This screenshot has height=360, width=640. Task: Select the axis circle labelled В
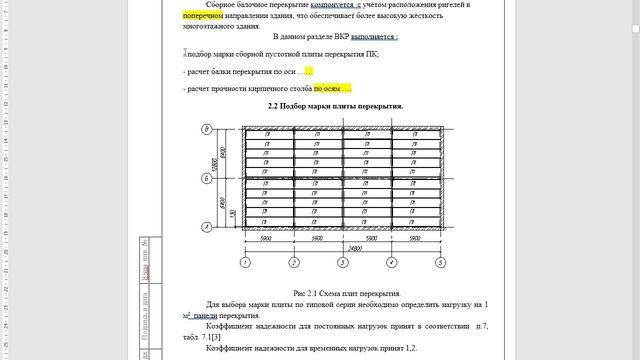click(x=206, y=129)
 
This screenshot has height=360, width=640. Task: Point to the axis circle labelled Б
click(x=206, y=178)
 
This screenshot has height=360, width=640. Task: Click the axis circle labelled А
click(x=206, y=227)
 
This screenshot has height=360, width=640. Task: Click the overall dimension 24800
click(x=342, y=247)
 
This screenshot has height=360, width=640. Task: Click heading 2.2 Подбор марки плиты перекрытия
click(x=335, y=106)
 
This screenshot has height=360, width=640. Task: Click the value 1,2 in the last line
click(x=405, y=349)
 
